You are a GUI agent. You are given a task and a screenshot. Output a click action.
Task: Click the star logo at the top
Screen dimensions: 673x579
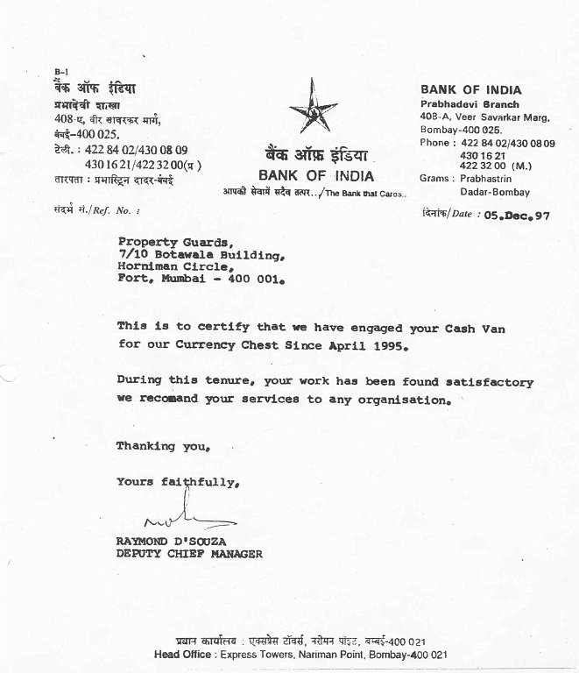point(313,110)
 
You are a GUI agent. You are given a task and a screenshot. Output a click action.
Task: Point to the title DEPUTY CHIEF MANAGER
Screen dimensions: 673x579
point(188,554)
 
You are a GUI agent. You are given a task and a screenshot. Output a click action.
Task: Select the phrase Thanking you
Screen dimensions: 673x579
point(163,446)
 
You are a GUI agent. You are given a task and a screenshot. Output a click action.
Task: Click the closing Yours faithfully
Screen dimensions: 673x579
point(177,482)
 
